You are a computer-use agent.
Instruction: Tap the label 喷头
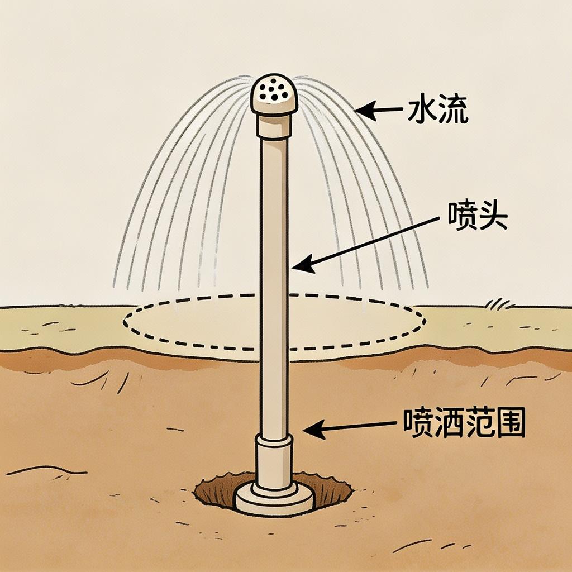click(x=478, y=217)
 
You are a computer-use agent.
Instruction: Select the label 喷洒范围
click(x=464, y=425)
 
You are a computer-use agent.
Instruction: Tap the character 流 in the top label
click(x=453, y=111)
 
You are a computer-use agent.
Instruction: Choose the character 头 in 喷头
click(x=493, y=217)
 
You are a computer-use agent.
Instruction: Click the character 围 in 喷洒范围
click(x=512, y=425)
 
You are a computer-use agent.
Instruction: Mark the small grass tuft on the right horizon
click(x=498, y=304)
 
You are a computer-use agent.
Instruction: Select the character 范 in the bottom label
click(x=480, y=425)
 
